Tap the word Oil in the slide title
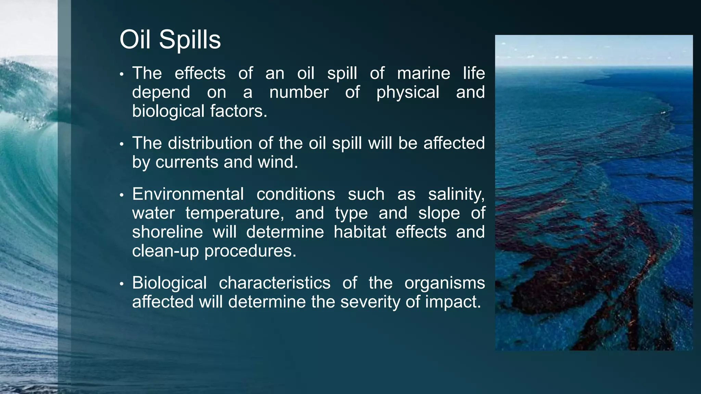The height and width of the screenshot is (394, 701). pos(135,39)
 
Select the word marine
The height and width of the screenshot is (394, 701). pos(423,73)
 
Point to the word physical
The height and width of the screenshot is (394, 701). pos(408,93)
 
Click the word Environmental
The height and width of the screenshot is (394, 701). pos(188,194)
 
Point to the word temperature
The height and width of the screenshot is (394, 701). pos(235,213)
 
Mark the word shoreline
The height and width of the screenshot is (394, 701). pos(167,232)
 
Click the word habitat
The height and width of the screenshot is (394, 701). pos(360,232)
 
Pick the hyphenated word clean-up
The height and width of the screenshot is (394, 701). pos(165,251)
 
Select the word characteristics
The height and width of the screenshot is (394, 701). pos(275,283)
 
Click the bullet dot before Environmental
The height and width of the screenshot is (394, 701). pos(122,195)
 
